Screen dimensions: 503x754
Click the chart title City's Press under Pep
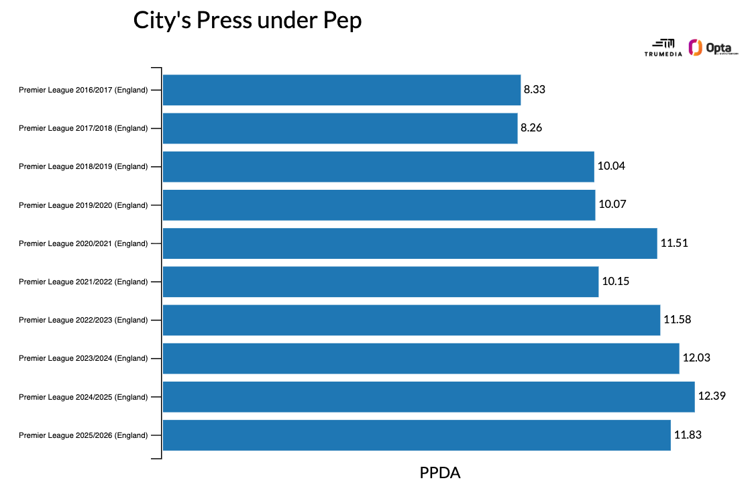pyautogui.click(x=248, y=20)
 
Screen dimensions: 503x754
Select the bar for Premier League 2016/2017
pyautogui.click(x=341, y=90)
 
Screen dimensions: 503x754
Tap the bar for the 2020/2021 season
pyautogui.click(x=410, y=243)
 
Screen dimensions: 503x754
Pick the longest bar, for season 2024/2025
pyautogui.click(x=429, y=397)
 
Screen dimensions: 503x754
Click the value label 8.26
pyautogui.click(x=531, y=128)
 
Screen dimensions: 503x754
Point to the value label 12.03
pyautogui.click(x=696, y=358)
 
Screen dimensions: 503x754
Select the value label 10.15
pyautogui.click(x=615, y=282)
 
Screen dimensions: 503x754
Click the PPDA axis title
pyautogui.click(x=440, y=473)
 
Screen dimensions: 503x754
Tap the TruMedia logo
pyautogui.click(x=663, y=48)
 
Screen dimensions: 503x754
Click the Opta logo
pyautogui.click(x=713, y=48)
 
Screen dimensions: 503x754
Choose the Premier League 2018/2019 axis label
pyautogui.click(x=83, y=166)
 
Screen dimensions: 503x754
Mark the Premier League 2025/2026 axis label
pyautogui.click(x=83, y=435)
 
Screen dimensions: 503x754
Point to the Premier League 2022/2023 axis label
pyautogui.click(x=83, y=320)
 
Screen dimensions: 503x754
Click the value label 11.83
pyautogui.click(x=688, y=435)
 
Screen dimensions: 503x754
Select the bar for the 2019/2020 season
pyautogui.click(x=379, y=205)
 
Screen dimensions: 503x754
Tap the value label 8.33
pyautogui.click(x=535, y=90)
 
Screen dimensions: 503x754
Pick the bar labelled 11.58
pyautogui.click(x=411, y=320)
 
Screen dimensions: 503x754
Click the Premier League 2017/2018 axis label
pyautogui.click(x=83, y=128)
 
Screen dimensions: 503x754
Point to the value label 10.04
pyautogui.click(x=611, y=166)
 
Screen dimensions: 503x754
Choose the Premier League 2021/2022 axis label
pyautogui.click(x=83, y=282)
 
